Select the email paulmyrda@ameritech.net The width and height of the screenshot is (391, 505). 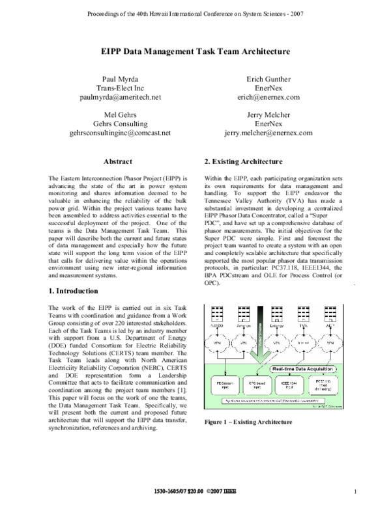point(123,97)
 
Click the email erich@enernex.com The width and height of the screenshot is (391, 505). point(268,97)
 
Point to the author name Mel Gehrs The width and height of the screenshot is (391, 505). point(123,115)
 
